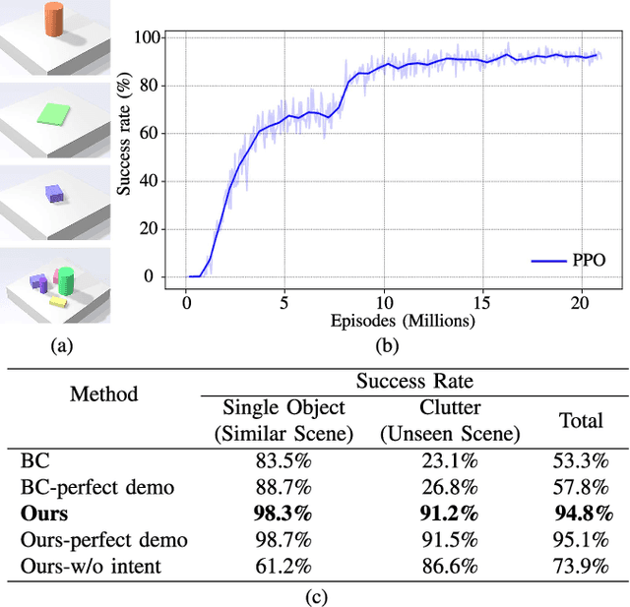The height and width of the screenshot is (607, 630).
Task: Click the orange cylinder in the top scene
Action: click(x=55, y=23)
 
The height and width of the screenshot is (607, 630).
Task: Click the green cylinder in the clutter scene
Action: click(x=66, y=280)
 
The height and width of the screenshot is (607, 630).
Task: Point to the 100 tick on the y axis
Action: click(x=146, y=37)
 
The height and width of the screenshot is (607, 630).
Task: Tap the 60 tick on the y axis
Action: click(x=150, y=133)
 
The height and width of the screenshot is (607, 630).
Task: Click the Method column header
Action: click(x=104, y=395)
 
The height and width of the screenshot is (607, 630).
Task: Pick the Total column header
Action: click(x=580, y=420)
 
